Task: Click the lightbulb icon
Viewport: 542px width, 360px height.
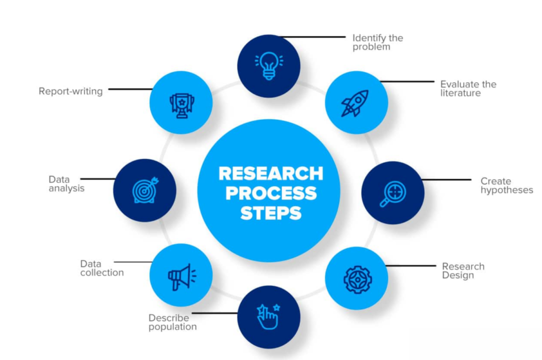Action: point(269,66)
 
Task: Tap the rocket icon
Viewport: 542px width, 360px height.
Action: point(355,103)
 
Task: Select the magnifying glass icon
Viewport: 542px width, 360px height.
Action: point(393,194)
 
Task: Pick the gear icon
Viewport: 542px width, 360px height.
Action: point(358,280)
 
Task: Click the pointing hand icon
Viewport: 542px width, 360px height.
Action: point(268,317)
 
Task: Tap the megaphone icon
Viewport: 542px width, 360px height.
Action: point(182,277)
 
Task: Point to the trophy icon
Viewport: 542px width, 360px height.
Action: point(182,105)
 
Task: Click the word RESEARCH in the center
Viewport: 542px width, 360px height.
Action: point(270,174)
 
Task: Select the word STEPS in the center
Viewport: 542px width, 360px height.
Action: point(271,213)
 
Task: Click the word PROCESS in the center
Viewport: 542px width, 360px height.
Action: point(271,193)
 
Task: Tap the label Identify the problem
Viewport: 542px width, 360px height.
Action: point(378,42)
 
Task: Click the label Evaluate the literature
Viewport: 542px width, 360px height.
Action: point(468,88)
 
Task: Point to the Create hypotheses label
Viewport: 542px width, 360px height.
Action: point(507,186)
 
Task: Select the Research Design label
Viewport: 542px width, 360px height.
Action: point(463,271)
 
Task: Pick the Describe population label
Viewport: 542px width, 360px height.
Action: point(173,322)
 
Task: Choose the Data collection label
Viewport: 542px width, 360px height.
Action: point(102,268)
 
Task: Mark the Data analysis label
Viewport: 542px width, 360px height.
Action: point(66,184)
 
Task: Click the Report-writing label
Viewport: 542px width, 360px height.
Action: point(70,91)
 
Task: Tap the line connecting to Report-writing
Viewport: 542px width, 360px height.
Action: point(131,89)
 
